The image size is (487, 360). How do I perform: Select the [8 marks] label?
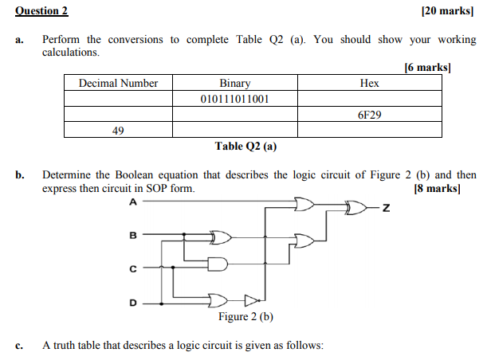click(x=446, y=189)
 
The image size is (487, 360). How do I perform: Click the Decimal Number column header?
click(x=118, y=83)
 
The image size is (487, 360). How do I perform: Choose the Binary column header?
click(x=235, y=83)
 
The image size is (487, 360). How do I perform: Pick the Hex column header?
click(x=370, y=83)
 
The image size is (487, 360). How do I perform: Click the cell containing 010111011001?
click(x=235, y=99)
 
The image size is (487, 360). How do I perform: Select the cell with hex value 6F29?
click(x=370, y=115)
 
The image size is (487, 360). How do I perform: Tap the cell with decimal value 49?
click(x=118, y=131)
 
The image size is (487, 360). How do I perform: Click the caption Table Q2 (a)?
click(x=246, y=147)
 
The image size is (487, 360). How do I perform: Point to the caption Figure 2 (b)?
click(x=246, y=317)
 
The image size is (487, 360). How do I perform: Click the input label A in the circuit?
click(x=133, y=202)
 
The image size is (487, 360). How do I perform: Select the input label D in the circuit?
click(x=133, y=303)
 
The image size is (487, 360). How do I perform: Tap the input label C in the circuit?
click(x=133, y=269)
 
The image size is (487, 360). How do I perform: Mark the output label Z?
click(x=386, y=209)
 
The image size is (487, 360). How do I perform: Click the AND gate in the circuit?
click(x=218, y=264)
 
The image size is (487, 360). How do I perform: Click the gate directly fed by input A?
click(x=304, y=205)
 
